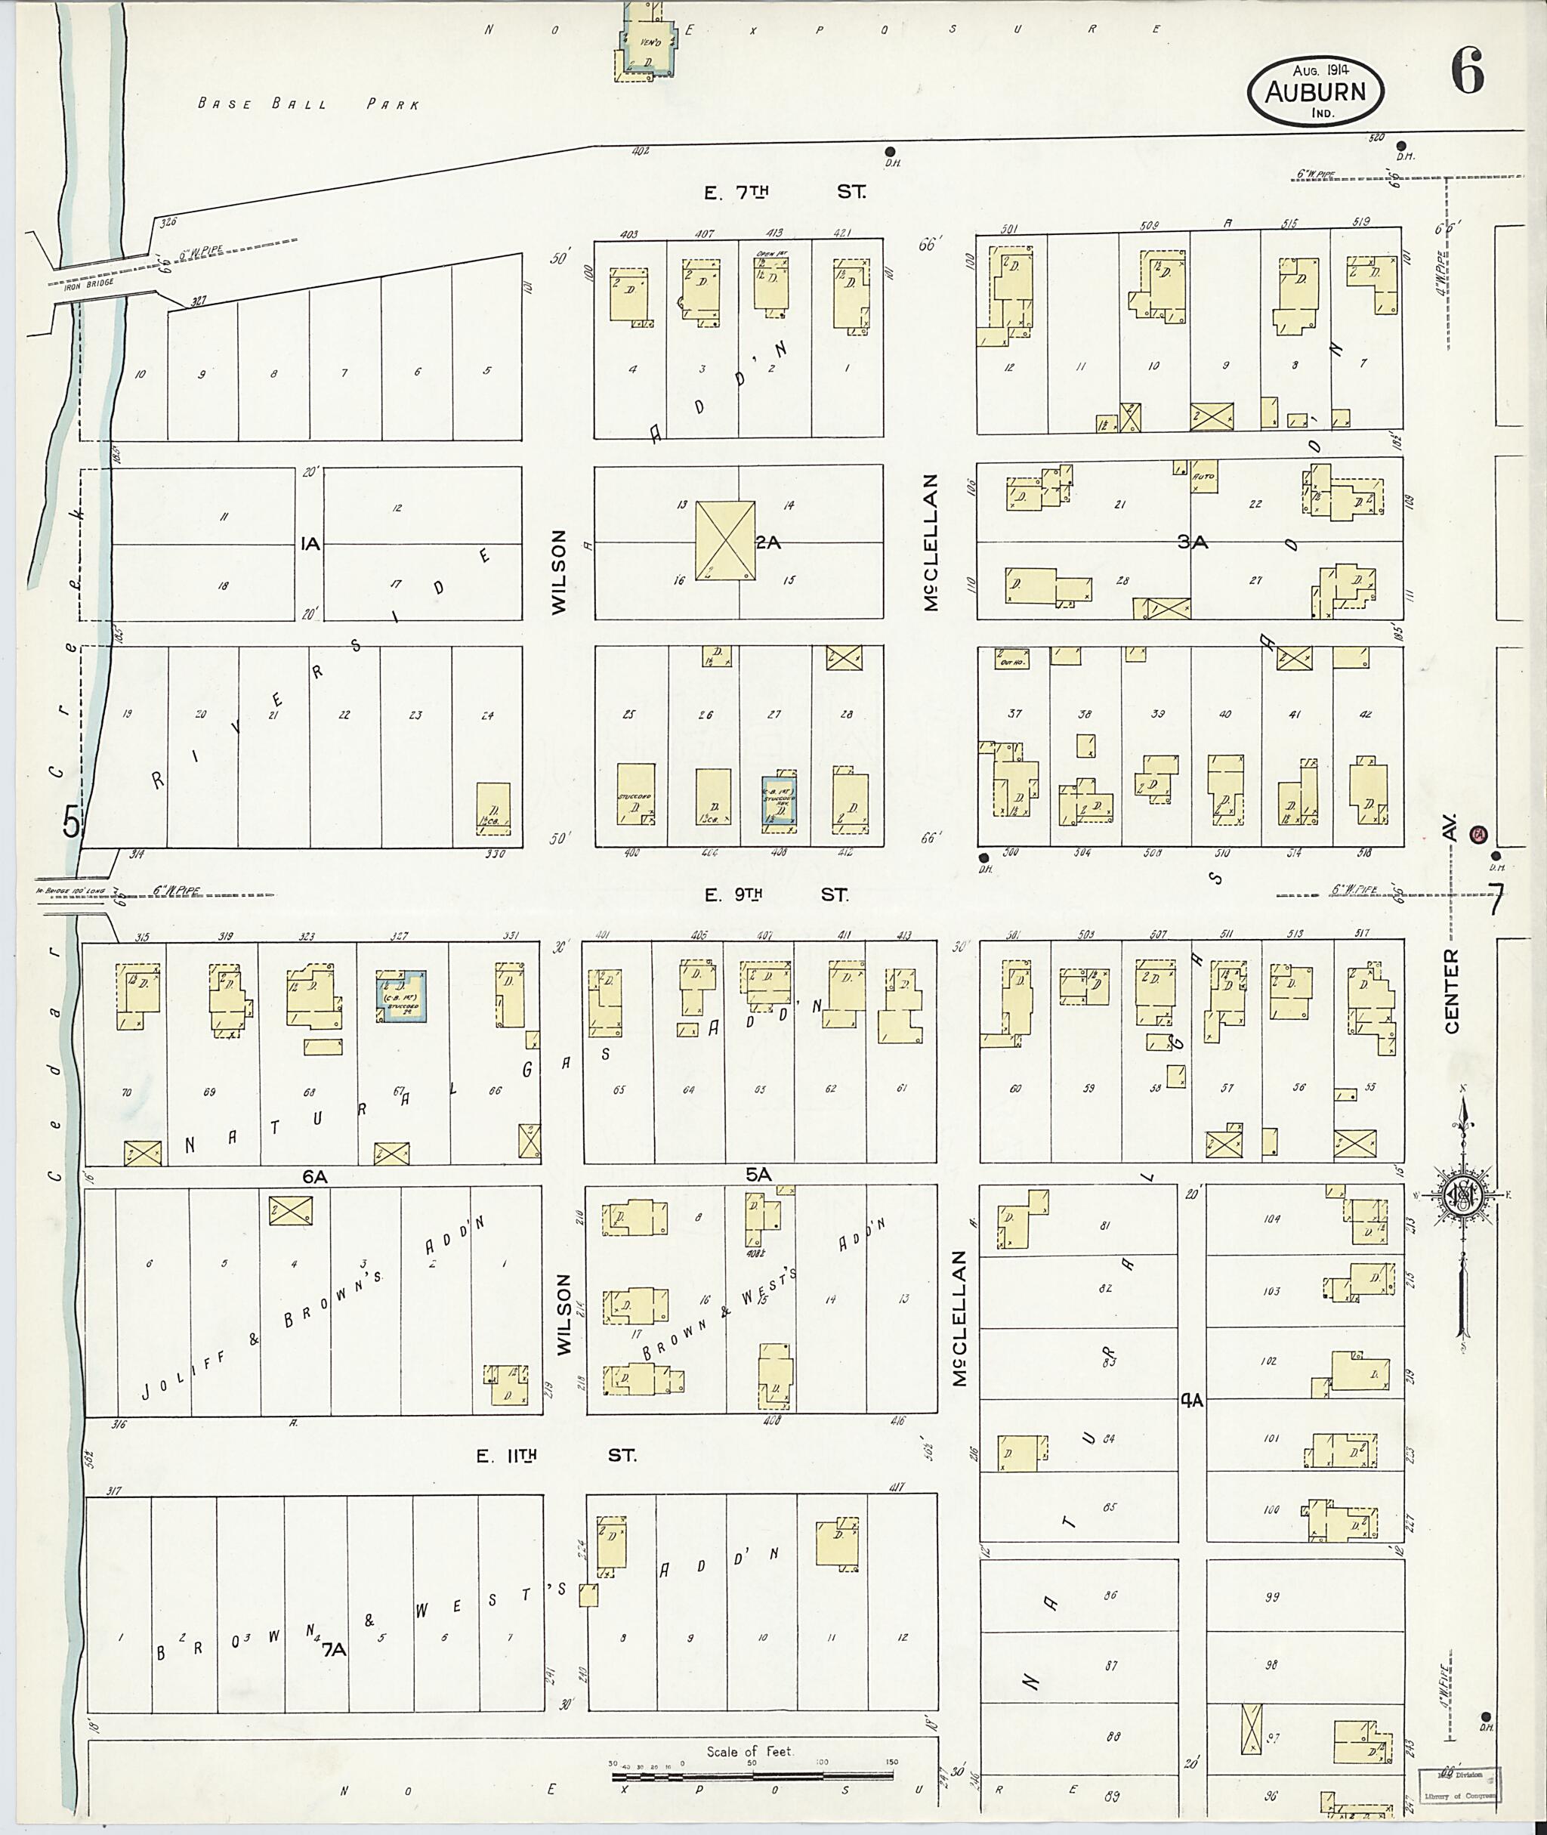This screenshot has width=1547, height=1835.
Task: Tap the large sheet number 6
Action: (1467, 71)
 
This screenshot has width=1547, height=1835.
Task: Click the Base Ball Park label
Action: (309, 104)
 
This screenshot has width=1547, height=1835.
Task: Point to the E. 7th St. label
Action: (786, 192)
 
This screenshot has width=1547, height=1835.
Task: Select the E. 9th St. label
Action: (777, 894)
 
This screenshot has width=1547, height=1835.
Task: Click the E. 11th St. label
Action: (555, 1456)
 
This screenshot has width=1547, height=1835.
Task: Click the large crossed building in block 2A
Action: (724, 540)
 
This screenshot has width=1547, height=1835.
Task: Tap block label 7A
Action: (334, 1648)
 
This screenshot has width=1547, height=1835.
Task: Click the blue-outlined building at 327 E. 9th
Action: (401, 996)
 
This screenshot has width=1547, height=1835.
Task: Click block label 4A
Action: (1192, 1401)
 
